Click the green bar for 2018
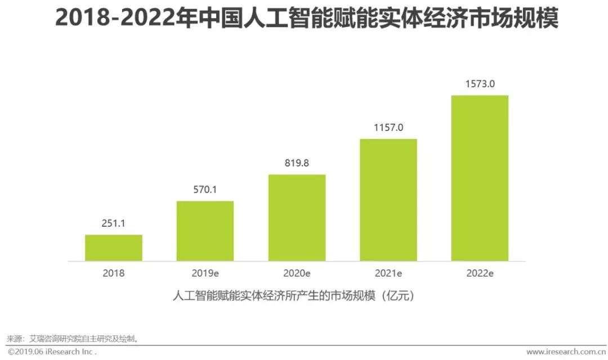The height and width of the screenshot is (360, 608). click(x=114, y=248)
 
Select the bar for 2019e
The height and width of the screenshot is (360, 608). click(x=205, y=231)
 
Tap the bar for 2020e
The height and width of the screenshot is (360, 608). click(x=297, y=218)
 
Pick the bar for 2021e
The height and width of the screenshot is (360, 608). click(x=388, y=200)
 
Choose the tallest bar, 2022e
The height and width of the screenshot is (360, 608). click(x=480, y=178)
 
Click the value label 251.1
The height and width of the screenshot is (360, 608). click(x=114, y=224)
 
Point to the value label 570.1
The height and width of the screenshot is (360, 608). click(x=205, y=190)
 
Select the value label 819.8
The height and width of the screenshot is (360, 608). click(x=297, y=163)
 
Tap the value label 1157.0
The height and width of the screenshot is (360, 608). click(x=388, y=128)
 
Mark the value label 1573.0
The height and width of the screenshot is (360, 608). click(x=480, y=84)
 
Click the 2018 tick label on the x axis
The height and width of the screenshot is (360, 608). click(x=114, y=273)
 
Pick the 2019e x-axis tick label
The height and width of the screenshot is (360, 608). click(x=205, y=273)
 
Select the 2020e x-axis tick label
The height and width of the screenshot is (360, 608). click(x=297, y=273)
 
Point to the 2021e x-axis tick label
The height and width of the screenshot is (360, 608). click(x=388, y=273)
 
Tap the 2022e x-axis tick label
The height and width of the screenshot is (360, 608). click(x=480, y=273)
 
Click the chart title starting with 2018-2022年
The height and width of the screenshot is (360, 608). click(x=307, y=19)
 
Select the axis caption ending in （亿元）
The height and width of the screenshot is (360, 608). click(x=294, y=295)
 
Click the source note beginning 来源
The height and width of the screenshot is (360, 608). click(x=73, y=339)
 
